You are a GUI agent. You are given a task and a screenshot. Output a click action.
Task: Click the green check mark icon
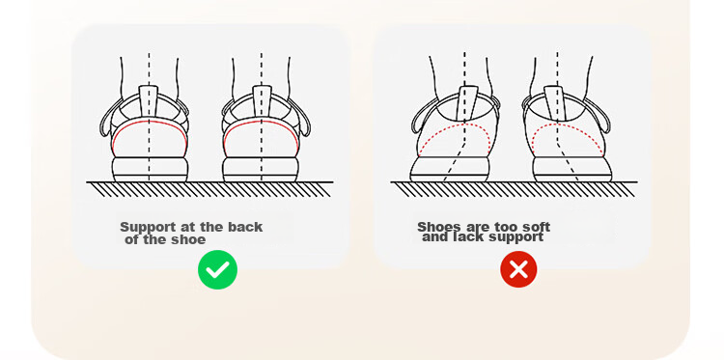pyautogui.click(x=217, y=269)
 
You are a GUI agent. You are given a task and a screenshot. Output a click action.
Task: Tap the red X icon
pyautogui.click(x=518, y=269)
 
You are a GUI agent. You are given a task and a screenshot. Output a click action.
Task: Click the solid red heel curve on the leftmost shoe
pyautogui.click(x=149, y=123)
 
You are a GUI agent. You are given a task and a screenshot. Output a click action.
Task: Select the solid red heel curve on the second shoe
pyautogui.click(x=262, y=122)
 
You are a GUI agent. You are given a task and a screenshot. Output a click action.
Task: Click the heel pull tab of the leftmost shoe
pyautogui.click(x=149, y=100)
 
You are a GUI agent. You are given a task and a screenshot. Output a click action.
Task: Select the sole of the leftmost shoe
pyautogui.click(x=150, y=170)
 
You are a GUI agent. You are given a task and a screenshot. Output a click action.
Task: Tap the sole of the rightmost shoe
pyautogui.click(x=572, y=170)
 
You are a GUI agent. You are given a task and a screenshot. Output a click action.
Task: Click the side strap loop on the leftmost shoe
pyautogui.click(x=105, y=121)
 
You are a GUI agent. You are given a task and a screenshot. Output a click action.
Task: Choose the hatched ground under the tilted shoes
pyautogui.click(x=514, y=189)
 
